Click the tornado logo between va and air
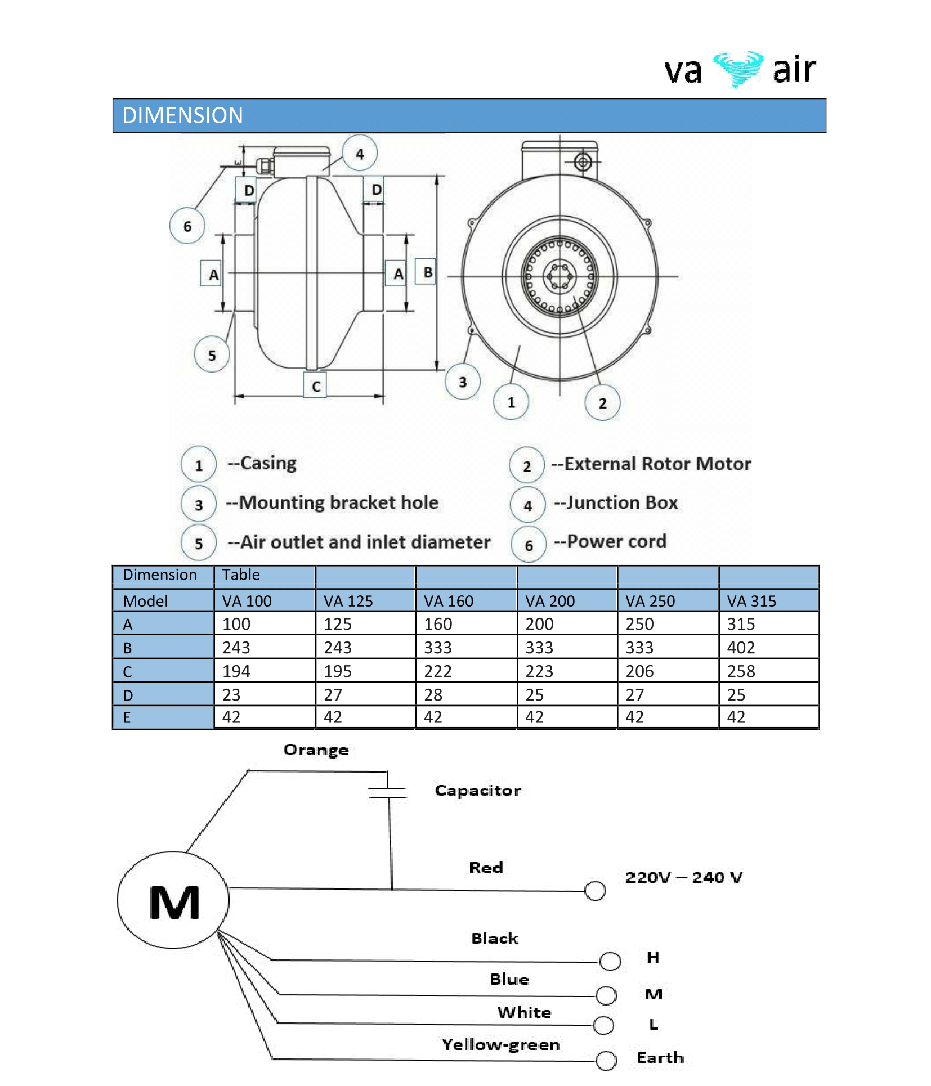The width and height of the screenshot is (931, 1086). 738,69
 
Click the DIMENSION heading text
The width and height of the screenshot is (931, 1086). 182,116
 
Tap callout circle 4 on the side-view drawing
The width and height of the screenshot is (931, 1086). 360,153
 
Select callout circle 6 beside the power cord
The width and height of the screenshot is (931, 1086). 187,226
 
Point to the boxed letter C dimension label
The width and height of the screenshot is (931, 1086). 315,386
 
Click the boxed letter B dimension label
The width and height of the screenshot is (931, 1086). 427,272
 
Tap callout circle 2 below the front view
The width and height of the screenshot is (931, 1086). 602,403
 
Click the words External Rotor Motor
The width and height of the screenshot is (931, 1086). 657,464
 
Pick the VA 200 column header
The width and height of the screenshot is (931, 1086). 550,601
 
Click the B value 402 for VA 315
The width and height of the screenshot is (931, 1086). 741,648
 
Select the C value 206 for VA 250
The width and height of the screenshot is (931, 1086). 639,671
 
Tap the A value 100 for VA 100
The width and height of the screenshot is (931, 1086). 236,624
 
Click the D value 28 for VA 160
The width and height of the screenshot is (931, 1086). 433,695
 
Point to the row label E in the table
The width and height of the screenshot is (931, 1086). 127,718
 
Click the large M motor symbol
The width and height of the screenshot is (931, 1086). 174,903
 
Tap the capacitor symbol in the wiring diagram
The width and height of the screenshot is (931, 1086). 388,793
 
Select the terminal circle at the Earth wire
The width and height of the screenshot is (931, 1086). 606,1061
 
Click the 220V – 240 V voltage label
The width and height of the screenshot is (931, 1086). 684,878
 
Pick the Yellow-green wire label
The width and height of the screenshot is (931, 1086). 500,1045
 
